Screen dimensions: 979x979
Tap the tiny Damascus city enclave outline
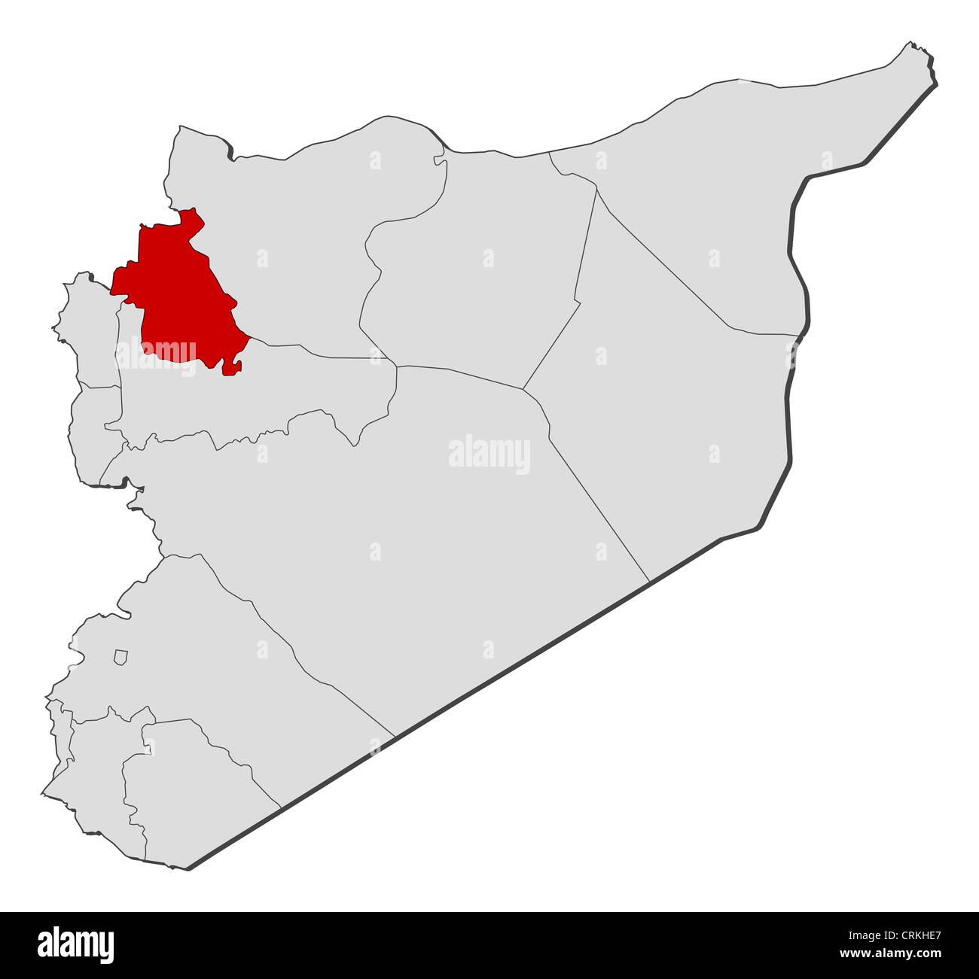pyautogui.click(x=120, y=657)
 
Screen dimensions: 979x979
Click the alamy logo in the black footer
pyautogui.click(x=76, y=944)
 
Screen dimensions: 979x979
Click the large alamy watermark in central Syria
pyautogui.click(x=489, y=454)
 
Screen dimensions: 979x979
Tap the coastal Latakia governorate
pyautogui.click(x=90, y=331)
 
